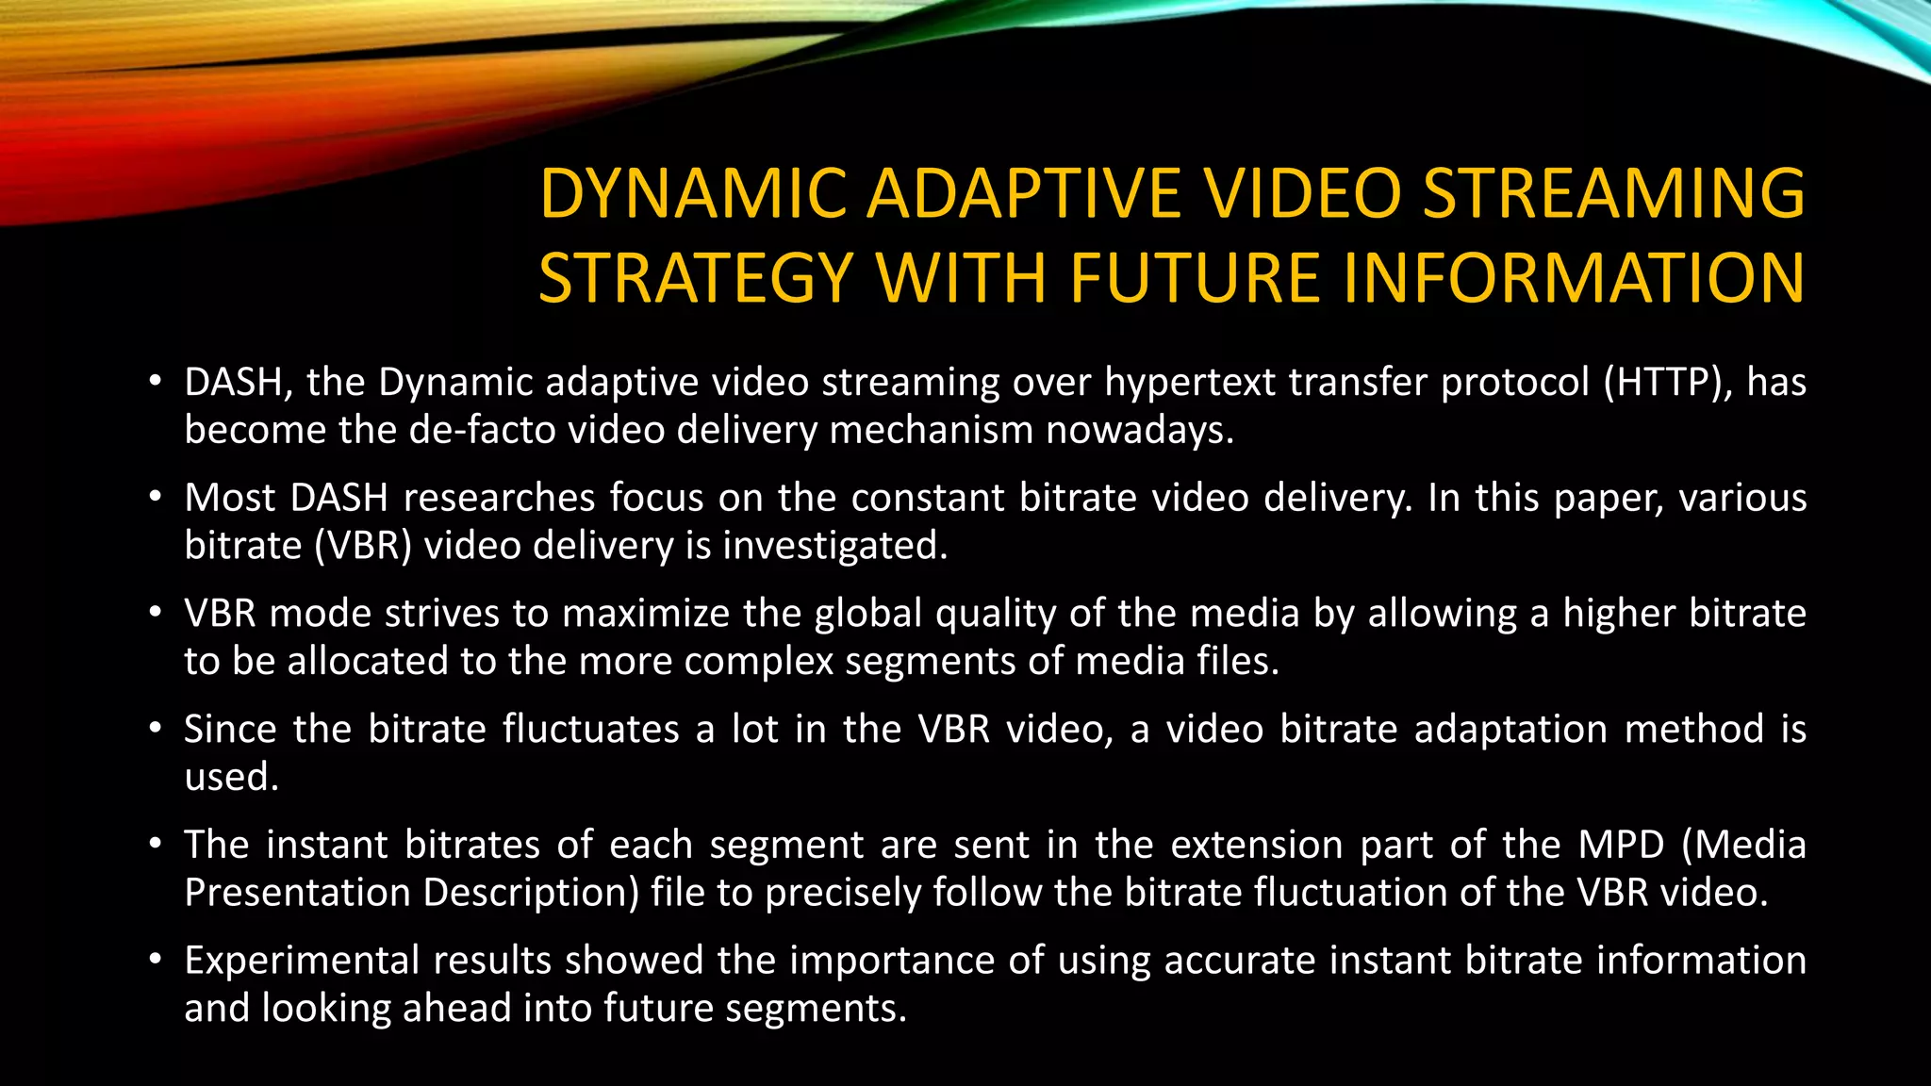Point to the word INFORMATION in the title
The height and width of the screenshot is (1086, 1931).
pos(1573,278)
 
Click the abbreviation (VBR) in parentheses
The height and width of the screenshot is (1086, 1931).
pos(363,546)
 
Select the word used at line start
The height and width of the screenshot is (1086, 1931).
pos(230,777)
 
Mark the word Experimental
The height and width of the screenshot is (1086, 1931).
pos(302,961)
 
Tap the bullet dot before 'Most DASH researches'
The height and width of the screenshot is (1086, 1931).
pos(156,498)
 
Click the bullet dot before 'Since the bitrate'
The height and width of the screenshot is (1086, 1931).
pos(156,730)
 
